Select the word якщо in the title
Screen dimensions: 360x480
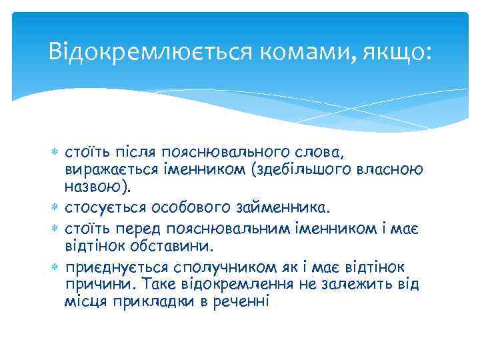pos(396,51)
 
